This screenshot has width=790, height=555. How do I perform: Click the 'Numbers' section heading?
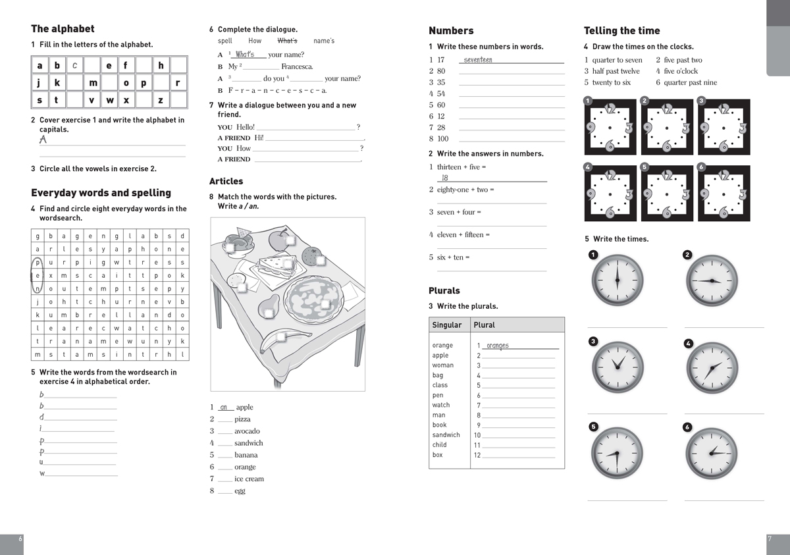(x=451, y=31)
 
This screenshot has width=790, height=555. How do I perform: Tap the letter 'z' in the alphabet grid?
(x=161, y=100)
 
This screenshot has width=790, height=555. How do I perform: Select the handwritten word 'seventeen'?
(x=478, y=60)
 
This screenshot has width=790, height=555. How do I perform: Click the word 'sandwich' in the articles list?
(x=249, y=443)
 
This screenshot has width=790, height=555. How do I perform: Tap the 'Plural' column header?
(x=484, y=325)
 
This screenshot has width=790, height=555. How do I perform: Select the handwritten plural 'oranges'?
(x=498, y=346)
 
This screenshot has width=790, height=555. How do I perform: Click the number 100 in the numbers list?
(x=443, y=138)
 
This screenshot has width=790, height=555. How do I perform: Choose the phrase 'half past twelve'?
(x=616, y=71)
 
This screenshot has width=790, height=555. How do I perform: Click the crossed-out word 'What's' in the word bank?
(x=288, y=41)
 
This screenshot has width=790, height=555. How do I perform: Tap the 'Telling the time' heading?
(x=621, y=31)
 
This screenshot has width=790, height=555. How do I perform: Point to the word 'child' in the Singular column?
(x=440, y=444)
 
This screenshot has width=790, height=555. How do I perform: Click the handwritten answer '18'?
(x=445, y=178)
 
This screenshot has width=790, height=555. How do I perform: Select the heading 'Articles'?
(x=226, y=181)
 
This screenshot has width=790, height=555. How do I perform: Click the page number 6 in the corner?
(x=20, y=539)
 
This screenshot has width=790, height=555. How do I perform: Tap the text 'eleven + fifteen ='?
(x=463, y=235)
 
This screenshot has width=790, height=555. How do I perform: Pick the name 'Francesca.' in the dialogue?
(x=297, y=66)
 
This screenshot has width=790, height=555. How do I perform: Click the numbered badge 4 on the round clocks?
(x=689, y=344)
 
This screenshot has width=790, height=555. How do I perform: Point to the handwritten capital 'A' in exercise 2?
(x=43, y=140)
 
